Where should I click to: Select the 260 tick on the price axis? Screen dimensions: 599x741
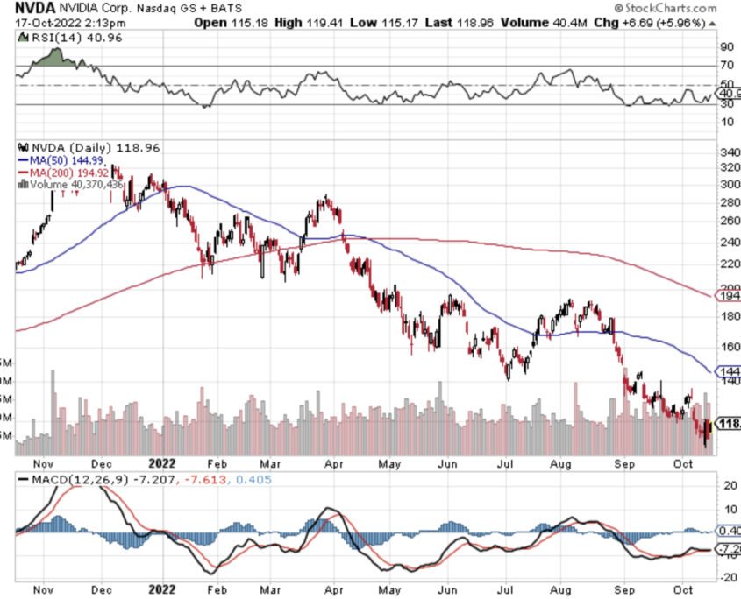(729, 221)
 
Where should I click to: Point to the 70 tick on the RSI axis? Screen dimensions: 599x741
(726, 66)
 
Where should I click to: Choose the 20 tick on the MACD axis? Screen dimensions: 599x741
(726, 485)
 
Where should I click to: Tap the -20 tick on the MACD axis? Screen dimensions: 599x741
(726, 578)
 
